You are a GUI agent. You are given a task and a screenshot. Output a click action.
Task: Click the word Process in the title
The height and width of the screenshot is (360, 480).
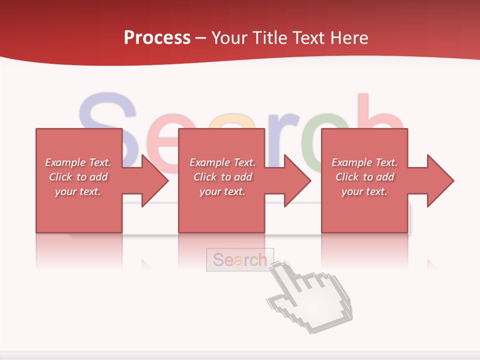[x=157, y=38]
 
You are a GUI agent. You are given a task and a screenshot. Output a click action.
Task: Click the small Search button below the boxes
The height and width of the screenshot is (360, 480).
[x=240, y=259]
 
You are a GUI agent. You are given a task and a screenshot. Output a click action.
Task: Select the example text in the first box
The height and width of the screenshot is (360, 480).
[x=78, y=177]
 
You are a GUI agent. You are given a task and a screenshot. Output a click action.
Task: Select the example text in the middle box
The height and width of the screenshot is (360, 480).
[x=222, y=177]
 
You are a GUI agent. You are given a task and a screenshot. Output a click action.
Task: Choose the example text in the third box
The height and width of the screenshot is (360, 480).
[x=364, y=177]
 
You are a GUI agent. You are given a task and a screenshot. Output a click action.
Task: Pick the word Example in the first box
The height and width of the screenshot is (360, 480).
[x=65, y=162]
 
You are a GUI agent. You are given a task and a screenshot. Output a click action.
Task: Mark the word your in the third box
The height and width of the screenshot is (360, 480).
[x=352, y=191]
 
